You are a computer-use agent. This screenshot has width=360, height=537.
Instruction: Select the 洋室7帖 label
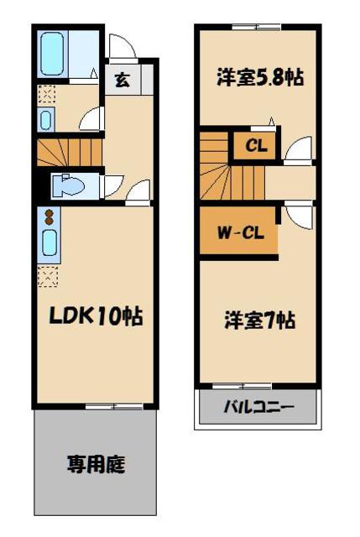click(258, 320)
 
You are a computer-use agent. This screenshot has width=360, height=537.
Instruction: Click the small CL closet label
click(256, 145)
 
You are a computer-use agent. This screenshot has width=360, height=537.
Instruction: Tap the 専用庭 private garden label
click(97, 463)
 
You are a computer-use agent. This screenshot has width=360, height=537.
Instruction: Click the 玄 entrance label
click(123, 81)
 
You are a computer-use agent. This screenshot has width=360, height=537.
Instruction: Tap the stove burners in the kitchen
click(48, 217)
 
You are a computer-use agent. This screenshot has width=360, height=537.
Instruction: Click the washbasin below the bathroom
click(46, 119)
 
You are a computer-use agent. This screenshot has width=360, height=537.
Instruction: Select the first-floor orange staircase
click(68, 151)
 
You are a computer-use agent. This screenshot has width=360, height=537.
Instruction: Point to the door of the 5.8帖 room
click(295, 151)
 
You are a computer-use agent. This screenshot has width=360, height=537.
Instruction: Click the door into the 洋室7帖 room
click(295, 214)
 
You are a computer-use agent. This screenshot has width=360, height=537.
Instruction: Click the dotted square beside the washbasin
click(46, 95)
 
